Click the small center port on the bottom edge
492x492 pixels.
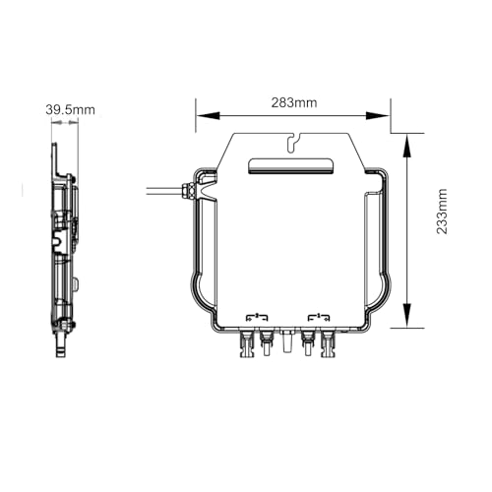click(286, 343)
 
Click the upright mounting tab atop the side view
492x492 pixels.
click(56, 157)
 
